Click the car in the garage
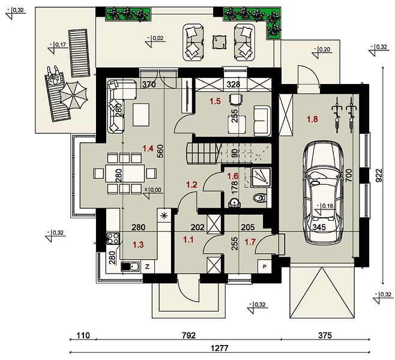pyautogui.click(x=323, y=193)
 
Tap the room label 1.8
pyautogui.click(x=312, y=119)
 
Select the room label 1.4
pyautogui.click(x=148, y=149)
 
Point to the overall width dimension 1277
pyautogui.click(x=220, y=348)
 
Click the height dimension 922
pyautogui.click(x=378, y=175)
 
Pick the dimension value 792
pyautogui.click(x=188, y=335)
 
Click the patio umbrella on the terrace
pyautogui.click(x=74, y=95)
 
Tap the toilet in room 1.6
pyautogui.click(x=259, y=197)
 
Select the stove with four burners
pyautogui.click(x=113, y=238)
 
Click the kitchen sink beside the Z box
pyautogui.click(x=130, y=266)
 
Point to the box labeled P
pyautogui.click(x=265, y=266)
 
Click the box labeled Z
pyautogui.click(x=148, y=266)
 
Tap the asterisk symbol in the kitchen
pyautogui.click(x=164, y=215)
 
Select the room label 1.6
pyautogui.click(x=233, y=176)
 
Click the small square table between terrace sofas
pyautogui.click(x=220, y=42)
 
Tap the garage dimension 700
pyautogui.click(x=349, y=176)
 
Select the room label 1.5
pyautogui.click(x=215, y=101)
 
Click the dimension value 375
pyautogui.click(x=325, y=335)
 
